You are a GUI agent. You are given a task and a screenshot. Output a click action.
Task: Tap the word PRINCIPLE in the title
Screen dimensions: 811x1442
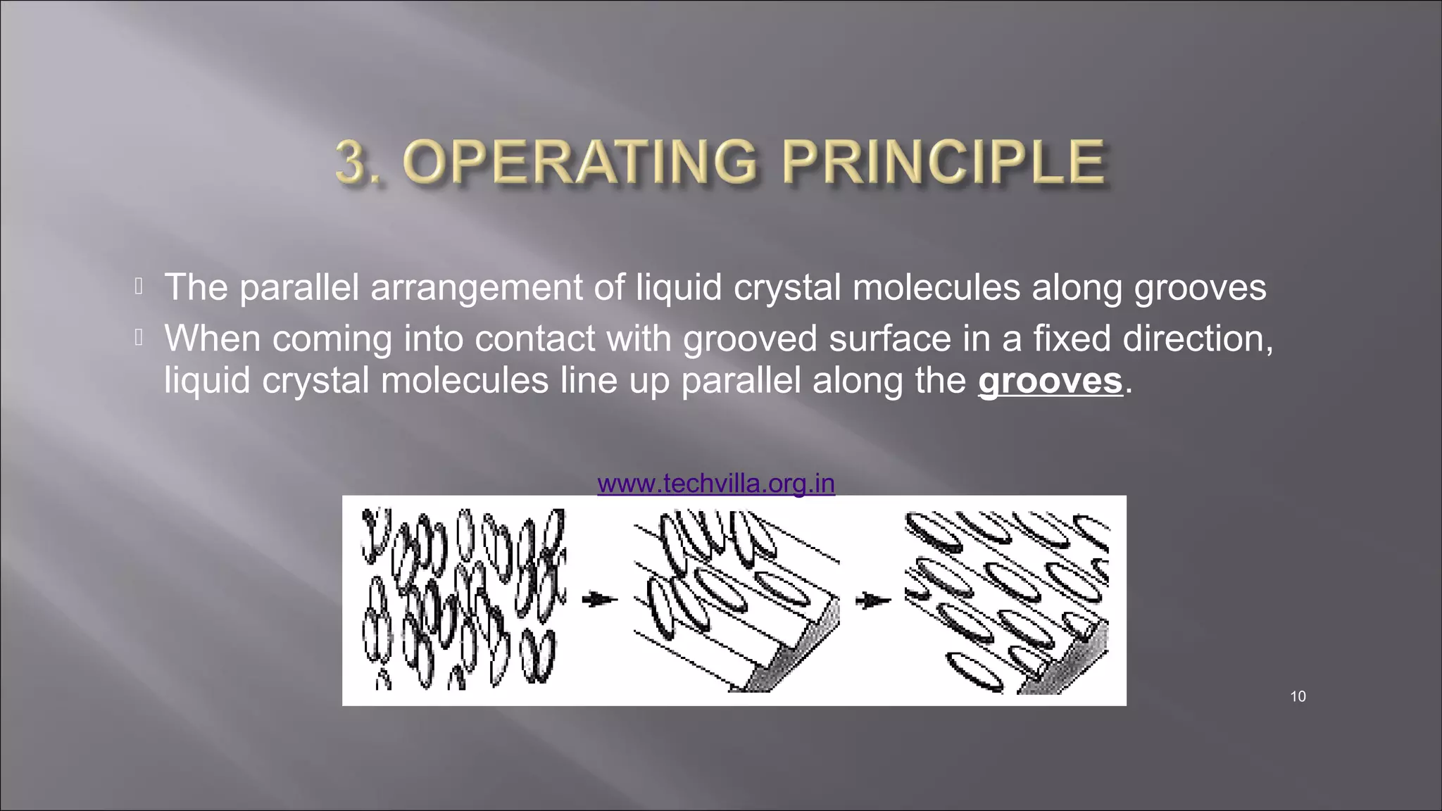[943, 163]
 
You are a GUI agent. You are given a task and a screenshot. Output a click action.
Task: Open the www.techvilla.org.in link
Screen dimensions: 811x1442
[715, 484]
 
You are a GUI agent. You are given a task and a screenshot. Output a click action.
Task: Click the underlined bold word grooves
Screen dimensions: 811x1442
[1050, 381]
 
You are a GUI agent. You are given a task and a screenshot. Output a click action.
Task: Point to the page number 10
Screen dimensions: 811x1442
[1298, 696]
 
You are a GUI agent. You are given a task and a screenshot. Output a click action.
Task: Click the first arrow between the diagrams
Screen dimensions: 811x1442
[599, 599]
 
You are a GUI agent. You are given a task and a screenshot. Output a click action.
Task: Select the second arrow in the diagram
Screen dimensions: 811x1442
[872, 600]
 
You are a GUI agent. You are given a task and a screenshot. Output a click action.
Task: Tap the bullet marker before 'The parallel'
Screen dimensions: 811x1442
[139, 287]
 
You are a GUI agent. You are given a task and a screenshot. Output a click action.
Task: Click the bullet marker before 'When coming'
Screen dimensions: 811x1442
[139, 339]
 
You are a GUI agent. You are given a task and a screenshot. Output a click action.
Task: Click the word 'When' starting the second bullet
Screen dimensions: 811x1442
[212, 339]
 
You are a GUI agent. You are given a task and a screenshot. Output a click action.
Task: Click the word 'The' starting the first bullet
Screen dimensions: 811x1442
[195, 287]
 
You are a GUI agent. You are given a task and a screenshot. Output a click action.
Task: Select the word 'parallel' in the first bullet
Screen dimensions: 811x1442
[299, 288]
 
